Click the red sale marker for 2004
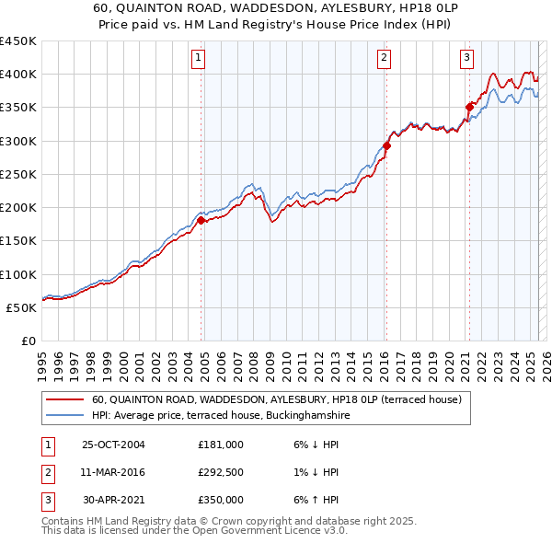click(201, 220)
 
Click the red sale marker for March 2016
click(386, 145)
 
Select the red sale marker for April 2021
click(469, 107)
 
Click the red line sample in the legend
click(64, 399)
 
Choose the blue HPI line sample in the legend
click(64, 416)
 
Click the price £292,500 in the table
click(221, 472)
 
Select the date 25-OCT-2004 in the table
click(114, 445)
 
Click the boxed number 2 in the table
click(46, 472)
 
